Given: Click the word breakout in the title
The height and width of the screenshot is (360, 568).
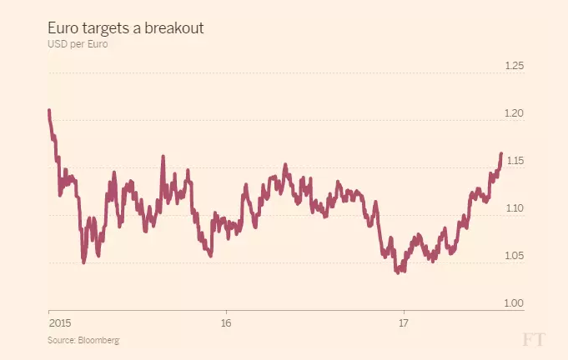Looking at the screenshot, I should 173,28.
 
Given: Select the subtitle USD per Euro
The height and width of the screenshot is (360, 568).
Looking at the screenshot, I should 78,43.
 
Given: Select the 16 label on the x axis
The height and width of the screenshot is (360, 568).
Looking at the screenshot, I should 226,322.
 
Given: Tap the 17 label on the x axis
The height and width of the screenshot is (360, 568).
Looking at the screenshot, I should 403,322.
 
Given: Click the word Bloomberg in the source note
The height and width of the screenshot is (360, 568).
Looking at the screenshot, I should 98,340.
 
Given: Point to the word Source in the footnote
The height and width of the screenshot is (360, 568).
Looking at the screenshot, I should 61,340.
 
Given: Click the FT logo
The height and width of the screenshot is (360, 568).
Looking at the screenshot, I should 533,339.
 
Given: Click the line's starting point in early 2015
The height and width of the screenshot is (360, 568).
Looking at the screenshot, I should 49,110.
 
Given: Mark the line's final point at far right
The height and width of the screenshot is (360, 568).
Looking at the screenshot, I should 501,153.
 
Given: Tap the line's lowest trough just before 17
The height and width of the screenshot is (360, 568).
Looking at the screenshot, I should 398,272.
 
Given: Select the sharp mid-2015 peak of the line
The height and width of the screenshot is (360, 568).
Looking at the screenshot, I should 163,156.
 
